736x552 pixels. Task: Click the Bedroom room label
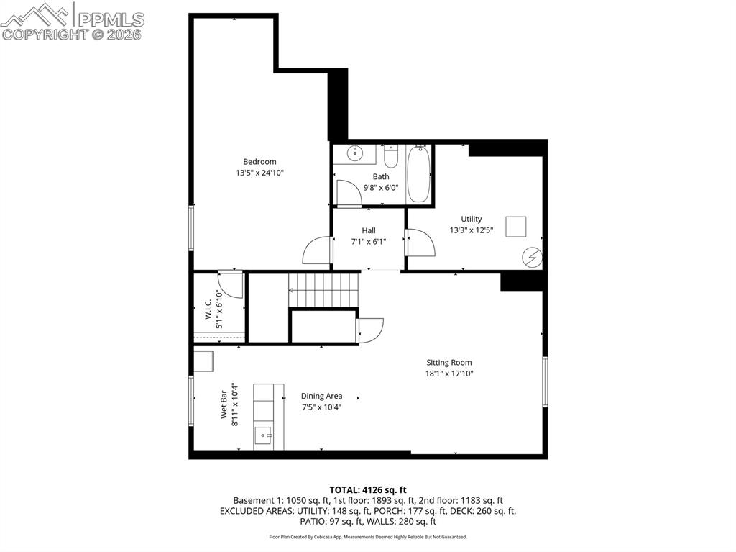(259, 162)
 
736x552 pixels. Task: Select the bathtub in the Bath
(418, 174)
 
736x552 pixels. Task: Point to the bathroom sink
(355, 153)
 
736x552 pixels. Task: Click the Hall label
(368, 230)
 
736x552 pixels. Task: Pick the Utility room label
(471, 219)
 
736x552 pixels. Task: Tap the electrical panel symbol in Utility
(532, 257)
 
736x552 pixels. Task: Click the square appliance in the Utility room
(515, 227)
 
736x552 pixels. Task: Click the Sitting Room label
(448, 363)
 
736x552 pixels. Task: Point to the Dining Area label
(321, 396)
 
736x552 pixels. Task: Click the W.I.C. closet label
(207, 309)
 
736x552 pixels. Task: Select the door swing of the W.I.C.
(230, 284)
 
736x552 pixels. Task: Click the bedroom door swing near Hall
(316, 252)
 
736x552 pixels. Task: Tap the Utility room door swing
(420, 243)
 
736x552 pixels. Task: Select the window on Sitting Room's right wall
(545, 381)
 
